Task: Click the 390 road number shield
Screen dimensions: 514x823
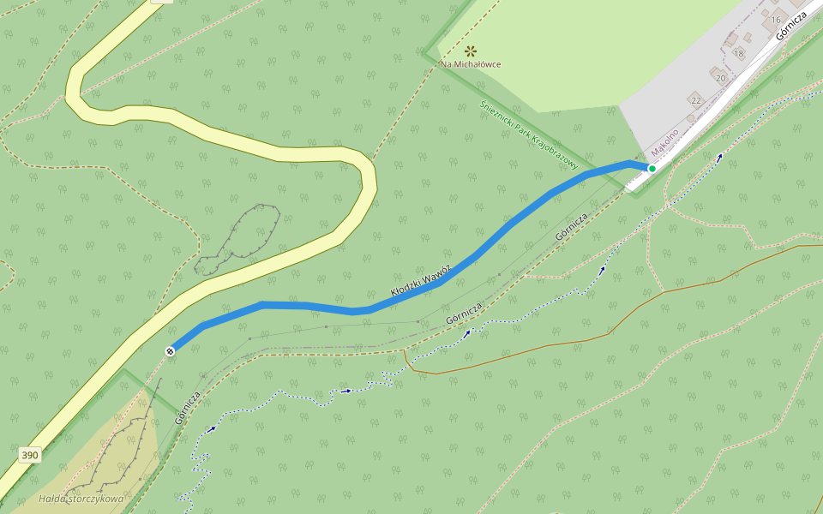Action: (30, 455)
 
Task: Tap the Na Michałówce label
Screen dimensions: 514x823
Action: (471, 64)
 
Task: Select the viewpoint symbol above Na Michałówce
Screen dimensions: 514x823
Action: (470, 51)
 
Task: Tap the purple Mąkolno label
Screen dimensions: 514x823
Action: (664, 141)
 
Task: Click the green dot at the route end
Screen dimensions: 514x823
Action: (652, 169)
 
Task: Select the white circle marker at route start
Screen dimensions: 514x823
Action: (171, 350)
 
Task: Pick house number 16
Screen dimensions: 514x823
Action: (775, 20)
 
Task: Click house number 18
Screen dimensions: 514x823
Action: (739, 53)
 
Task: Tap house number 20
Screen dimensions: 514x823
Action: (720, 78)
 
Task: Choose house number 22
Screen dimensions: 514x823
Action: (695, 100)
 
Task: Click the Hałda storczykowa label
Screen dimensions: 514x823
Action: (81, 499)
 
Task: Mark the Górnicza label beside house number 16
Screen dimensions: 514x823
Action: (790, 27)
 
